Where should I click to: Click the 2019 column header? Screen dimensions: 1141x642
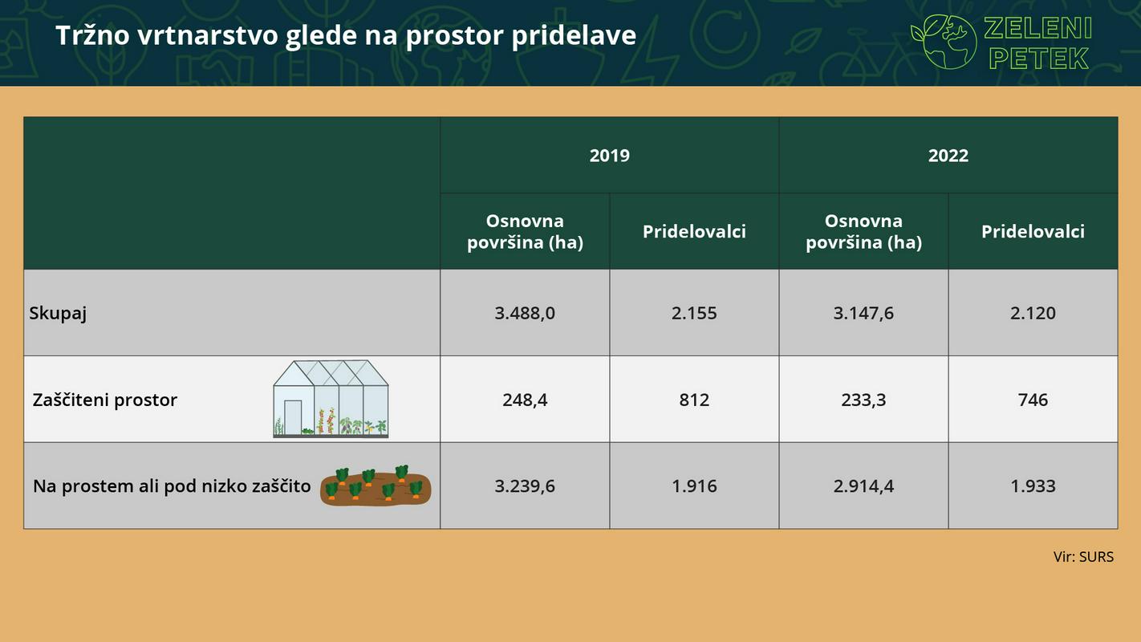[x=609, y=156]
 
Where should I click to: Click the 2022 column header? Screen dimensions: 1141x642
[x=948, y=156]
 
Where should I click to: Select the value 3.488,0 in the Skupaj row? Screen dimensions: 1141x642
[x=525, y=313]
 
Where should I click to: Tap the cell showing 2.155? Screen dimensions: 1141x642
[x=694, y=313]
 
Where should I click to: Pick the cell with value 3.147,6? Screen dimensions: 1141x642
[x=863, y=313]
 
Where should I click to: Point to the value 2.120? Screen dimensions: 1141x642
[x=1033, y=313]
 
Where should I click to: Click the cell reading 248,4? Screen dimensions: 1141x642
[x=525, y=400]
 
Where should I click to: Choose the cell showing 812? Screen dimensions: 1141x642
[x=694, y=400]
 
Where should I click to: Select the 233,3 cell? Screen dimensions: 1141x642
[x=863, y=400]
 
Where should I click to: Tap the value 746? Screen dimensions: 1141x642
[x=1033, y=400]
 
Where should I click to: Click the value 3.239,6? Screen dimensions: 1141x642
[x=525, y=486]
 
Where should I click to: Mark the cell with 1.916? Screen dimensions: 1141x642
[x=694, y=486]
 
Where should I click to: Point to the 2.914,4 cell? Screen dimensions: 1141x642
[x=863, y=486]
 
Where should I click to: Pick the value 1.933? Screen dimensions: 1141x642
[x=1033, y=486]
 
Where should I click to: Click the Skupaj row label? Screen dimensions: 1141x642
[x=58, y=313]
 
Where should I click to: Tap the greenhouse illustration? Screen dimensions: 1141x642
[x=331, y=399]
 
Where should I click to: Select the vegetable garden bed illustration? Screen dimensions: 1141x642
[x=376, y=486]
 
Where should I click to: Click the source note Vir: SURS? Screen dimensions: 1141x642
[x=1083, y=557]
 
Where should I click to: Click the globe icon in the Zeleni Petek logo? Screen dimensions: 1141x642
[x=948, y=42]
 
